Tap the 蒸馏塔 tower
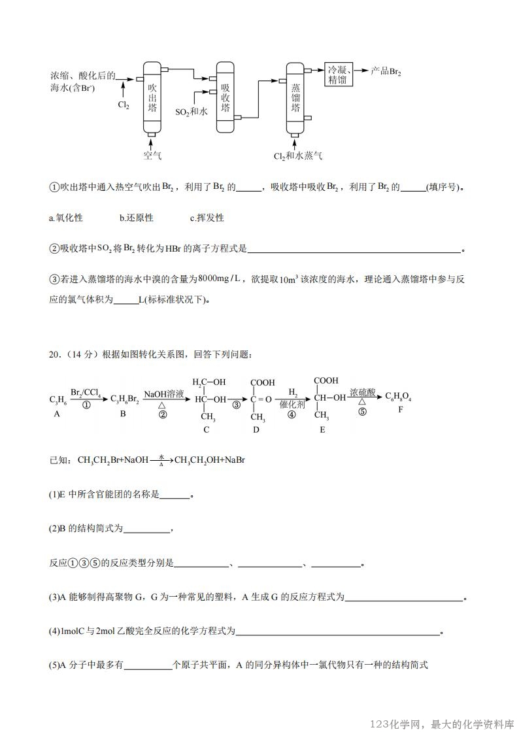point(295,98)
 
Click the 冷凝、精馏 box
point(339,75)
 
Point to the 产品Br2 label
point(385,71)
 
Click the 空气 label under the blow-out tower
point(152,156)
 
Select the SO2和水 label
point(192,112)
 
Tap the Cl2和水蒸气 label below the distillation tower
point(297,156)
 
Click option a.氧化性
point(66,218)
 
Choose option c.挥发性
point(207,218)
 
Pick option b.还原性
point(136,218)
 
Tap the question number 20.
point(55,354)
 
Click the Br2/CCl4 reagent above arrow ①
point(85,393)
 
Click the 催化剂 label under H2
point(293,405)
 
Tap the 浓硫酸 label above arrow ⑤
point(362,392)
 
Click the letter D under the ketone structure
point(256,429)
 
